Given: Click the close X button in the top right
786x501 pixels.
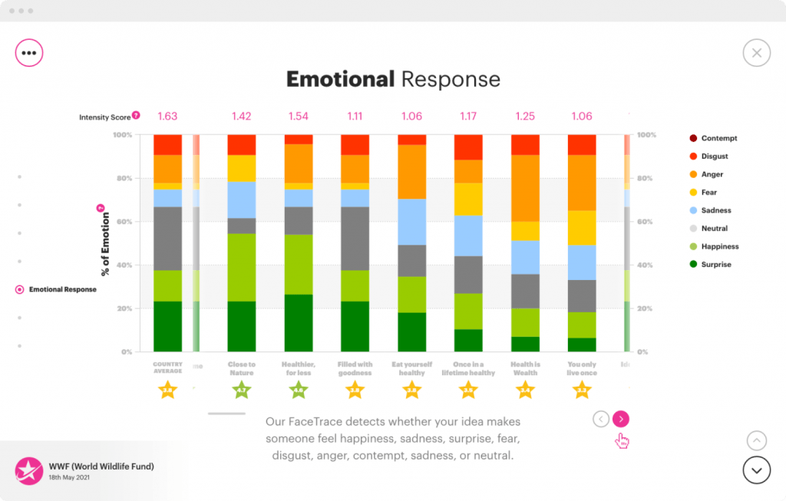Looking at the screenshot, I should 756,53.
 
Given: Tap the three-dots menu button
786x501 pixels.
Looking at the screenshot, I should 29,53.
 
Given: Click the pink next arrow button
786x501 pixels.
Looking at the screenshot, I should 621,419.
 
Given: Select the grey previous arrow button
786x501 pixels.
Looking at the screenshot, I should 601,419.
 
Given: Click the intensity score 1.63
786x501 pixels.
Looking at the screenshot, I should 167,117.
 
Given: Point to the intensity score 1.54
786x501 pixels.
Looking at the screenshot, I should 298,117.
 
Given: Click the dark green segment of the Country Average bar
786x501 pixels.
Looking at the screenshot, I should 167,326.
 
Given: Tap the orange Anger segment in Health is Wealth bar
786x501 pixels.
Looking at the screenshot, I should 525,188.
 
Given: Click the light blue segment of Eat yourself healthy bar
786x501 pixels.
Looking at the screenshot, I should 411,222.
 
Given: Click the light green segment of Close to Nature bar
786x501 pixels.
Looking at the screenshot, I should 241,267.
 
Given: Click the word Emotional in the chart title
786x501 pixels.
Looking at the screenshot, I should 340,79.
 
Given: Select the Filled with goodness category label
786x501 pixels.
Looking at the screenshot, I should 355,369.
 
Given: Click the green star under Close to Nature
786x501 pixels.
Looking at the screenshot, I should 241,391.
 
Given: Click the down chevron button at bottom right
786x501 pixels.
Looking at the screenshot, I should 756,470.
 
